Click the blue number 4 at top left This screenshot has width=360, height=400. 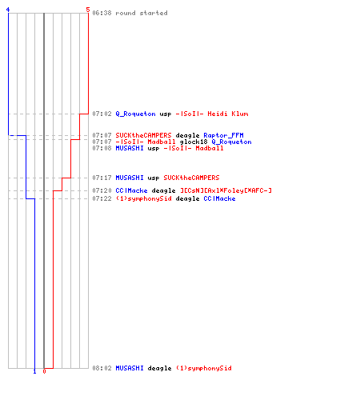click(x=8, y=10)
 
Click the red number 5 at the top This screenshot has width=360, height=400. click(x=88, y=10)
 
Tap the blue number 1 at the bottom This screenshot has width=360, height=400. click(x=34, y=371)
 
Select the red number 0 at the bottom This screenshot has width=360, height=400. click(x=44, y=371)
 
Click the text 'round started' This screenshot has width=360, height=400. click(x=142, y=13)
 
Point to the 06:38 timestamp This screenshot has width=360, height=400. click(x=102, y=13)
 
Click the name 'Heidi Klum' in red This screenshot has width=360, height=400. click(x=228, y=114)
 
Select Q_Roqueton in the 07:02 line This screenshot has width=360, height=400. click(x=135, y=114)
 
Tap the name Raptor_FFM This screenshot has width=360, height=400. click(x=223, y=135)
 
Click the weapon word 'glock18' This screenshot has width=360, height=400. click(x=194, y=142)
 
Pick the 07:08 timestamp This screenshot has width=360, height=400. click(x=102, y=148)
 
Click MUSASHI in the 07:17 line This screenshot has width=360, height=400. click(x=130, y=178)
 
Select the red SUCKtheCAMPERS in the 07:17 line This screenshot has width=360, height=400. click(x=191, y=178)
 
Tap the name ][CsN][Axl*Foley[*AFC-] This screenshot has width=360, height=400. click(x=226, y=190)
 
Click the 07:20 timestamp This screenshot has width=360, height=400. click(x=102, y=190)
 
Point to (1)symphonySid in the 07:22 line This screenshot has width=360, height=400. click(x=143, y=198)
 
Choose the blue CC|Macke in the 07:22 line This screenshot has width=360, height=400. click(x=219, y=198)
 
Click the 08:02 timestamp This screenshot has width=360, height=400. click(x=102, y=368)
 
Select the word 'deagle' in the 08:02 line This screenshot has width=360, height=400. click(x=159, y=369)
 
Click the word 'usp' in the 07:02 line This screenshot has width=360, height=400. click(x=166, y=114)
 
